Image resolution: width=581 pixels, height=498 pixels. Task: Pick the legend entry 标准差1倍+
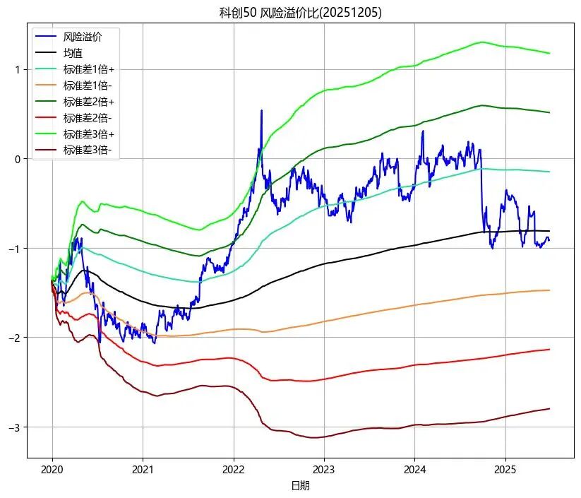[x=88, y=69]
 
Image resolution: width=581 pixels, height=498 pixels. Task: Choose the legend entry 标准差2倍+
[x=88, y=102]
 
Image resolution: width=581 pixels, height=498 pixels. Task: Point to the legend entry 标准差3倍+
[x=88, y=134]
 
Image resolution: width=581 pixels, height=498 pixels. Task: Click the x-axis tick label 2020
[x=52, y=469]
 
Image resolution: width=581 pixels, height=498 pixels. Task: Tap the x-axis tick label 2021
[x=143, y=469]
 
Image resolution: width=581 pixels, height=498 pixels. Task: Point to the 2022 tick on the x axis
[x=234, y=469]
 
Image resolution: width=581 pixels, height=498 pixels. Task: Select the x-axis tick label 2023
[x=324, y=469]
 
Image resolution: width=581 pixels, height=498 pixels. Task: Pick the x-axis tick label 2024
[x=414, y=469]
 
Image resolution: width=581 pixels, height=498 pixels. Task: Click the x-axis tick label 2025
[x=505, y=469]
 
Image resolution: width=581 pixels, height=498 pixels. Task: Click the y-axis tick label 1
[x=18, y=69]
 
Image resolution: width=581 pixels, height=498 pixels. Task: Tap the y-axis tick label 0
[x=18, y=159]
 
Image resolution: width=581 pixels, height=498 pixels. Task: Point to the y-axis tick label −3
[x=15, y=427]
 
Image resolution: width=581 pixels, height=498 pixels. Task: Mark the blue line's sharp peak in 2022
[x=262, y=111]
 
